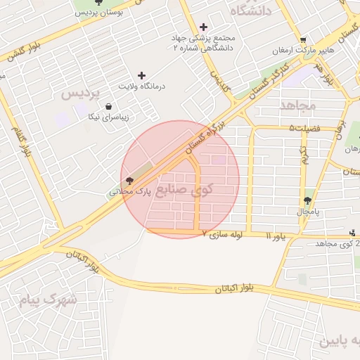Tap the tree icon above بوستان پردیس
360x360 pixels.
(x=108, y=2)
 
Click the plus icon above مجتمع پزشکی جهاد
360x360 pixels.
(x=203, y=27)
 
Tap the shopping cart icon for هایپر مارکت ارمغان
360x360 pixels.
(x=302, y=40)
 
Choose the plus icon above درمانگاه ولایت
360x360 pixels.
(x=142, y=75)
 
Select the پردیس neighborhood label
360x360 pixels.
(x=81, y=94)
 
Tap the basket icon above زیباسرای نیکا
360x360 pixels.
(x=108, y=107)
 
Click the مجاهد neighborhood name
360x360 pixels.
(x=299, y=105)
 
